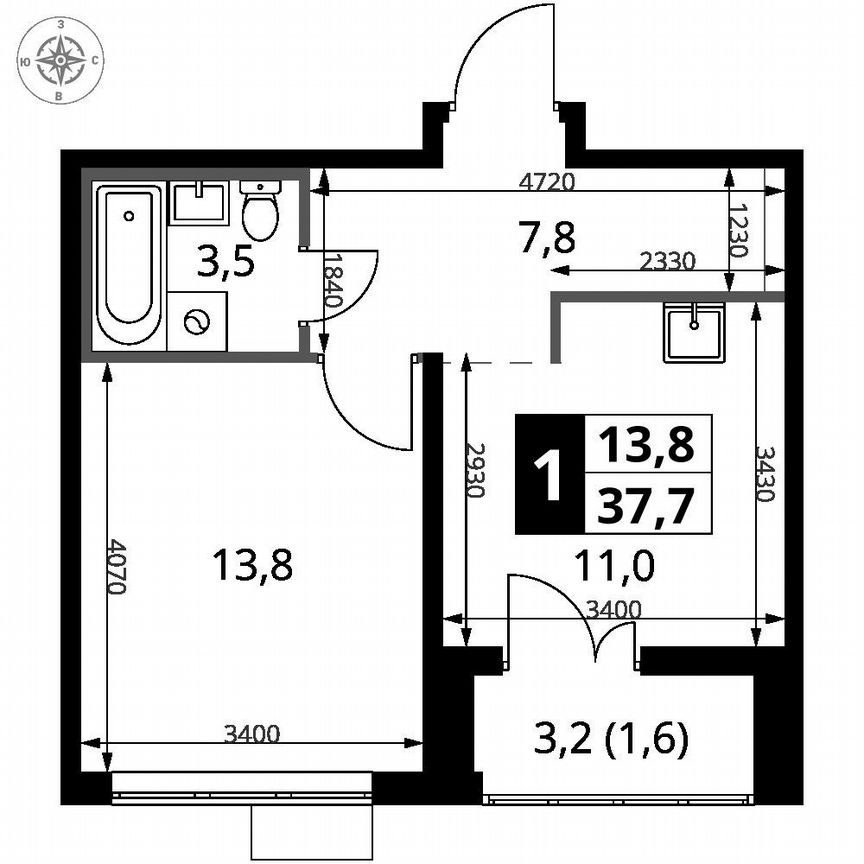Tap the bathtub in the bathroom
[128, 264]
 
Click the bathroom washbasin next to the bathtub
[200, 202]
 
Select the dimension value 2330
[665, 259]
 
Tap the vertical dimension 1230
[737, 232]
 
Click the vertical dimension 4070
[117, 567]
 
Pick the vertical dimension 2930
[477, 471]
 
